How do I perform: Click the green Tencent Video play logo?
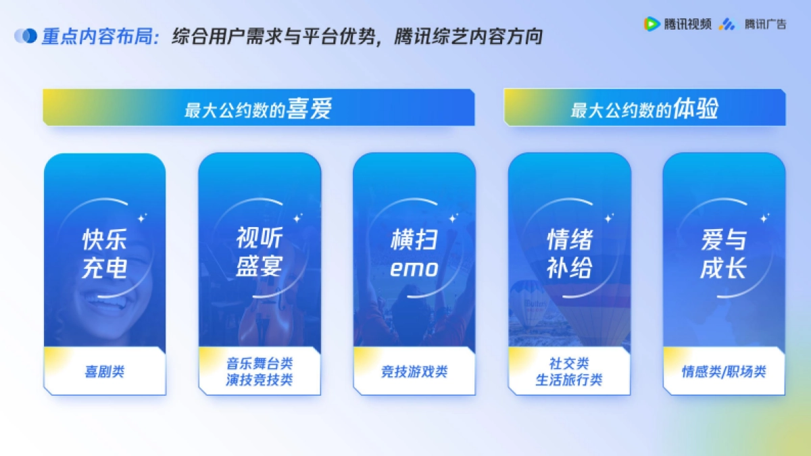click(652, 24)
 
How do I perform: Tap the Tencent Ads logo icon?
click(728, 24)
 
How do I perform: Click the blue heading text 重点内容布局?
click(97, 36)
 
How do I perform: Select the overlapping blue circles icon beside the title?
click(26, 36)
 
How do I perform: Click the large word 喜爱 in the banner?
click(309, 108)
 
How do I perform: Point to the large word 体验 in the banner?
click(695, 108)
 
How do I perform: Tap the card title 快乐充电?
click(104, 253)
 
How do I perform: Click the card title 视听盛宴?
click(260, 252)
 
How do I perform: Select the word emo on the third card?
click(414, 269)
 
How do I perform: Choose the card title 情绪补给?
click(570, 253)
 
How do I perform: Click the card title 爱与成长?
click(724, 253)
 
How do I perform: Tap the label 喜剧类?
click(105, 372)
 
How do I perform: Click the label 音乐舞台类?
click(260, 363)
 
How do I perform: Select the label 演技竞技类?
click(260, 380)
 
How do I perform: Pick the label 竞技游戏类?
click(414, 372)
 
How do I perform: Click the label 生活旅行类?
click(569, 380)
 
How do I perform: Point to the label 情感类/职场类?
click(724, 372)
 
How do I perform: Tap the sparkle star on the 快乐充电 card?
click(143, 218)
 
